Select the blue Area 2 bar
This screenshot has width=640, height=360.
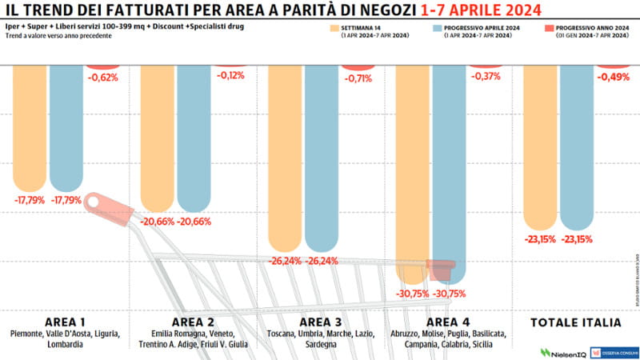point(194,136)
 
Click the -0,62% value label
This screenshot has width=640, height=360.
point(102,78)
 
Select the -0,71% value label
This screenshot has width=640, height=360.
point(358,78)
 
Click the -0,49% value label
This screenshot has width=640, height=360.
point(614,78)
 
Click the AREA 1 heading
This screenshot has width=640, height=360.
point(65,322)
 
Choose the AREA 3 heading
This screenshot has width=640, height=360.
point(320,322)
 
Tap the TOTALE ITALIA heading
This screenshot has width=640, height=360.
point(576,322)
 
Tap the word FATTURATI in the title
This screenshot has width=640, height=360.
point(132,10)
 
